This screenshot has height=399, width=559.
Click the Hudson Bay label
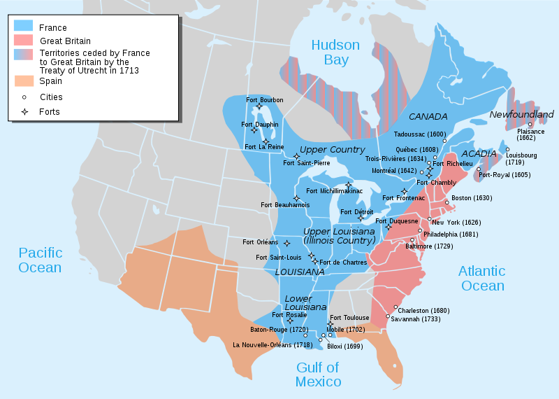pyautogui.click(x=335, y=52)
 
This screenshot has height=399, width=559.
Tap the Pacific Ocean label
pyautogui.click(x=41, y=260)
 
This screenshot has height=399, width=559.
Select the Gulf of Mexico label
pyautogui.click(x=318, y=374)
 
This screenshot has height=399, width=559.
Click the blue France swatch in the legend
pyautogui.click(x=23, y=27)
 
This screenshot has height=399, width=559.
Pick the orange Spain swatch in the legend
pyautogui.click(x=23, y=80)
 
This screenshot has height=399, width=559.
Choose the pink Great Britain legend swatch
pyautogui.click(x=23, y=41)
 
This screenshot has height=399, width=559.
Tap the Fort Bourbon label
pyautogui.click(x=265, y=100)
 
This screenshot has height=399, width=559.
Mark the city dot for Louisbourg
pyautogui.click(x=508, y=150)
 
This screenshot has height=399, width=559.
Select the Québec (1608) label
pyautogui.click(x=417, y=149)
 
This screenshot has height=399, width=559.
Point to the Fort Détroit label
pyautogui.click(x=356, y=211)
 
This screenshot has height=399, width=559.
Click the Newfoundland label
pyautogui.click(x=521, y=114)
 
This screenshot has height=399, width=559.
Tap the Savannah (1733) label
pyautogui.click(x=416, y=319)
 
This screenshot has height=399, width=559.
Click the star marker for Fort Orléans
pyautogui.click(x=286, y=243)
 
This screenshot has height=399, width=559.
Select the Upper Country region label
pyautogui.click(x=332, y=150)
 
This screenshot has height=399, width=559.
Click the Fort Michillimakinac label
pyautogui.click(x=334, y=190)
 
